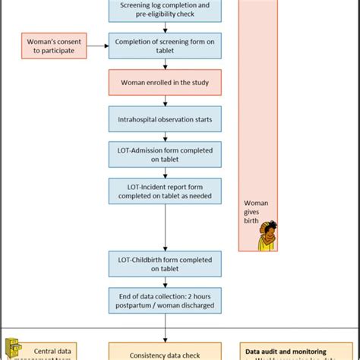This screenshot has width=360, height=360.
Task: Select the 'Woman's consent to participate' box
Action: pos(53,45)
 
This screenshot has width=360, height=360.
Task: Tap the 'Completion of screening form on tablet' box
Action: pos(165,46)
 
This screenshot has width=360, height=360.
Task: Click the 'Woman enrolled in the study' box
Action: pos(165,82)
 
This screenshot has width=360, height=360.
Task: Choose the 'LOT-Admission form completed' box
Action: pos(165,154)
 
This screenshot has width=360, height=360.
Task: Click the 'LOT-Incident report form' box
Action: pos(165,191)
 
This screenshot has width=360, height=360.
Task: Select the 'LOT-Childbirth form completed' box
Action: pos(165,263)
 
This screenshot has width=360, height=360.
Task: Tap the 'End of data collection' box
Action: pos(165,300)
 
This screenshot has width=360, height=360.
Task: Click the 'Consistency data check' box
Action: pos(165,352)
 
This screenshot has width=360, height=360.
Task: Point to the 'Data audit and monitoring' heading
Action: pos(286,351)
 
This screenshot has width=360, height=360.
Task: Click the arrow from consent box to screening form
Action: pos(97,46)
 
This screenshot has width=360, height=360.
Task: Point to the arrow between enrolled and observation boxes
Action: pos(165,99)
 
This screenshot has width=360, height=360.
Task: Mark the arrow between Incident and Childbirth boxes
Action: pos(165,227)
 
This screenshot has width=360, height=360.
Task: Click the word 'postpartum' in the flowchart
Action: pos(140,305)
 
